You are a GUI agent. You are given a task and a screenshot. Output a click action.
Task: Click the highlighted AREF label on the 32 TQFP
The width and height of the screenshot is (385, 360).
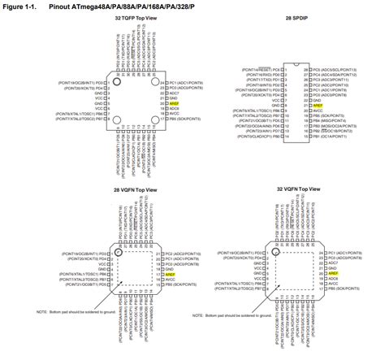[174, 103]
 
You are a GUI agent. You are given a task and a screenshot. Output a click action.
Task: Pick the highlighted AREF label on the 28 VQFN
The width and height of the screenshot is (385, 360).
[171, 275]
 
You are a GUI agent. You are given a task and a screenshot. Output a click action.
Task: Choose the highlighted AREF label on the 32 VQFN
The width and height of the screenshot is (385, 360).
[333, 273]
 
